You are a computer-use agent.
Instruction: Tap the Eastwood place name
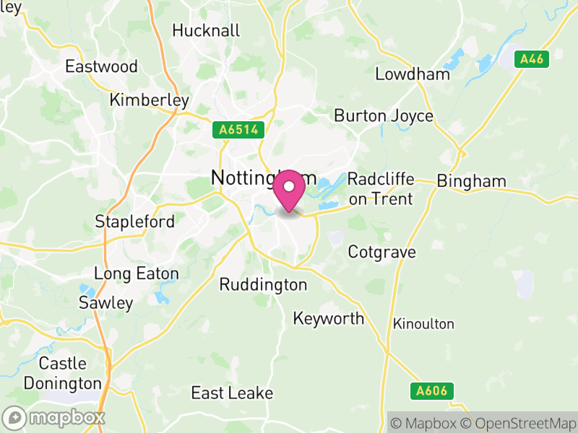101,66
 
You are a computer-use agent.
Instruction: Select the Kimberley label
150,100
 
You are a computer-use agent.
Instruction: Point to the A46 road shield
532,59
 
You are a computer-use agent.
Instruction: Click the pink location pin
290,189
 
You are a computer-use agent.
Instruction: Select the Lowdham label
413,74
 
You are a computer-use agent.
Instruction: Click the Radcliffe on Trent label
380,189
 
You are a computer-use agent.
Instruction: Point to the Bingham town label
472,181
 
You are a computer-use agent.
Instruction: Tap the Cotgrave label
381,253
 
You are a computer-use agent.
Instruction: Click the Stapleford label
135,222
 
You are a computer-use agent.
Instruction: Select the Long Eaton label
136,274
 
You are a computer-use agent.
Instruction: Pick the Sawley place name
106,302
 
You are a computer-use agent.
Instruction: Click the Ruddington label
263,285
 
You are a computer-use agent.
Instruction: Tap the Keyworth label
329,318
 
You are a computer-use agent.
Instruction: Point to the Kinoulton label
423,324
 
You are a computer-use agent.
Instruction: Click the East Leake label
232,393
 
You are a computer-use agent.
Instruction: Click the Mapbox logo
55,417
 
